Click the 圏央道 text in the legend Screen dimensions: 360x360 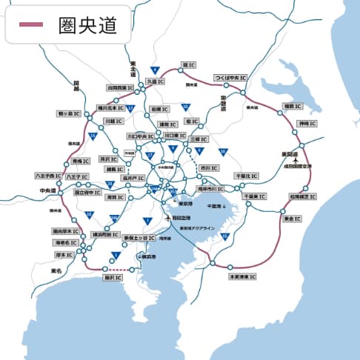coord(87,25)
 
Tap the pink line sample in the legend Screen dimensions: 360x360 coord(33,25)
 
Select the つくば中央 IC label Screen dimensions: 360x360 coord(230,77)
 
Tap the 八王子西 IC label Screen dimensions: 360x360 coord(49,176)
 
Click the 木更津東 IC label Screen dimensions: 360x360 coord(241,276)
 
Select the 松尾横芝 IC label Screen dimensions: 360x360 coord(303,197)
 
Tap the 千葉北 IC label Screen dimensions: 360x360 coord(246,176)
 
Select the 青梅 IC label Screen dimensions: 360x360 coord(80,161)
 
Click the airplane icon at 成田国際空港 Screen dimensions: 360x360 coord(296,159)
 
